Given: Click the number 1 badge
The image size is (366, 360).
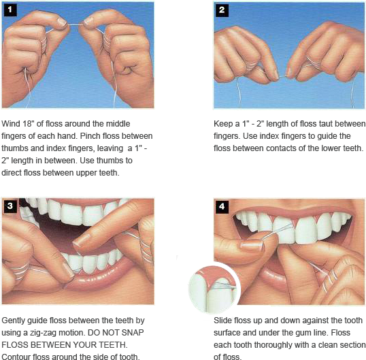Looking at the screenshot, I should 10,10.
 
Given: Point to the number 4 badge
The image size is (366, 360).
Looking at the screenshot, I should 222,205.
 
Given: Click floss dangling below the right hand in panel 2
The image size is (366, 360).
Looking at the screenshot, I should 352,92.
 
